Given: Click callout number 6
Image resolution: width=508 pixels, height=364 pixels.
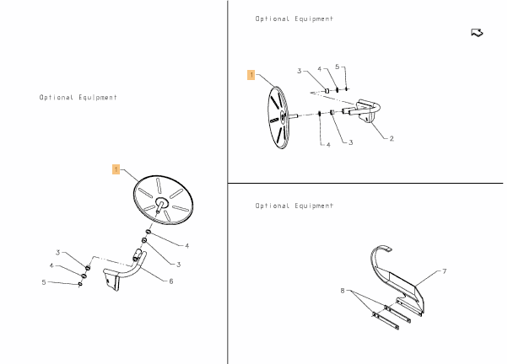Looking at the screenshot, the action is pyautogui.click(x=171, y=281).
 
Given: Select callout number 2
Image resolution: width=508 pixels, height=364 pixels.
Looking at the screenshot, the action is pyautogui.click(x=392, y=138).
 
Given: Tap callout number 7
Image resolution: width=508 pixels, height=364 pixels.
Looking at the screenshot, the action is pyautogui.click(x=444, y=270).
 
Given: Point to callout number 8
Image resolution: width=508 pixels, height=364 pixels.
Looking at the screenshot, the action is pyautogui.click(x=343, y=291).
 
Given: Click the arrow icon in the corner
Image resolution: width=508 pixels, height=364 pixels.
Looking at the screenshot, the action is pyautogui.click(x=477, y=33).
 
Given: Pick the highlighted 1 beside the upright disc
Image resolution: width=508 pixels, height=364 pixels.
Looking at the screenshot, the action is pyautogui.click(x=251, y=75).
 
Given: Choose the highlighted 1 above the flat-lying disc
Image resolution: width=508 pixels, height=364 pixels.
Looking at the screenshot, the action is pyautogui.click(x=116, y=169).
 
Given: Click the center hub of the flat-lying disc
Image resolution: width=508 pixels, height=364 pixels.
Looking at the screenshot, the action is pyautogui.click(x=161, y=202).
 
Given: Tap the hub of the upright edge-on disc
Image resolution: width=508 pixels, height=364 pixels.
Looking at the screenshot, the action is pyautogui.click(x=283, y=116).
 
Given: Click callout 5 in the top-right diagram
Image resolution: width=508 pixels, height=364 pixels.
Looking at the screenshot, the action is pyautogui.click(x=337, y=67).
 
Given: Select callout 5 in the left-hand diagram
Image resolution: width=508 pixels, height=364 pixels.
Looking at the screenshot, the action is pyautogui.click(x=44, y=282).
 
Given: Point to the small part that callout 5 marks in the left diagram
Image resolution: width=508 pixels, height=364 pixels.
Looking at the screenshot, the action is pyautogui.click(x=80, y=284).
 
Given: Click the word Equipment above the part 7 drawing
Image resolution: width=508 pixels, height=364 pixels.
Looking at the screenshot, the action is pyautogui.click(x=314, y=206).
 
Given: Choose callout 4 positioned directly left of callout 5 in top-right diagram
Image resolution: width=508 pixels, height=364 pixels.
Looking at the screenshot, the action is pyautogui.click(x=320, y=69).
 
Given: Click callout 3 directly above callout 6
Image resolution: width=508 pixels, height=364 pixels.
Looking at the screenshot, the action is pyautogui.click(x=178, y=265).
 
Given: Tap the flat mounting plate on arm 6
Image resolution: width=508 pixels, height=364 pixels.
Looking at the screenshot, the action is pyautogui.click(x=111, y=280).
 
